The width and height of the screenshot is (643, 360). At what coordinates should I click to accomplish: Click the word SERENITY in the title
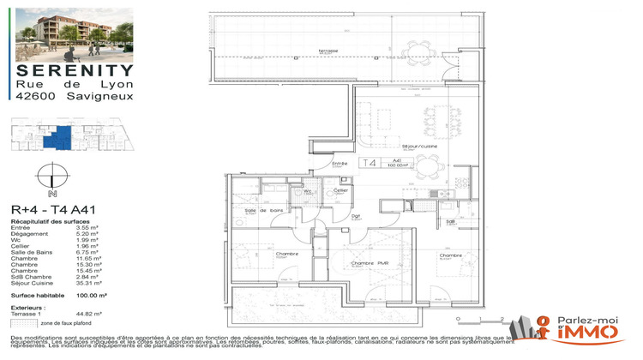point(75,71)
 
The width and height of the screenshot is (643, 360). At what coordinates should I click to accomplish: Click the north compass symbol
point(52,180)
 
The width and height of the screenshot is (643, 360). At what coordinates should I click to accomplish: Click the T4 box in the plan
point(370,163)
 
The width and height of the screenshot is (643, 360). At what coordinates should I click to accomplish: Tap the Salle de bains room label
point(264,211)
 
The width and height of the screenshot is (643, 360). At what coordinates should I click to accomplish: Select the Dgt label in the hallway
point(356,216)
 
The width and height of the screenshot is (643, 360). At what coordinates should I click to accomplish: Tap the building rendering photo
point(75,33)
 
